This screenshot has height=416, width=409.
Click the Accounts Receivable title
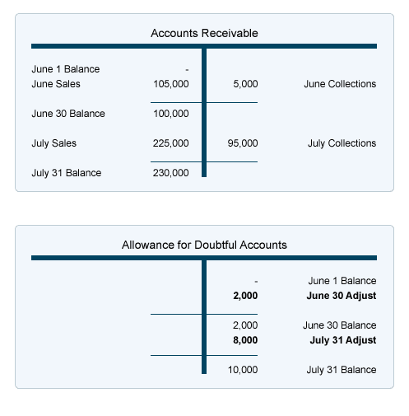tap(204, 33)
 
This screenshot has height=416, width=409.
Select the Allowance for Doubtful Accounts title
tap(204, 245)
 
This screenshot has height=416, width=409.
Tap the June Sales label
tap(56, 84)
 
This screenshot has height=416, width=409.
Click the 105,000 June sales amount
tap(171, 84)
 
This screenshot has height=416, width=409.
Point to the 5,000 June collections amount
tap(245, 84)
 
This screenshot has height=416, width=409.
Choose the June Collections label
tap(340, 84)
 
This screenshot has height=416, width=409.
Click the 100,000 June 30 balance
tap(171, 114)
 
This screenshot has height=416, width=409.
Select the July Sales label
tap(54, 143)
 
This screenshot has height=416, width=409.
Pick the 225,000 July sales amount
tap(171, 143)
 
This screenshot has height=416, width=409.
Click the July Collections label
tap(342, 143)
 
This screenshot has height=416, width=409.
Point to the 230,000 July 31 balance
tap(171, 173)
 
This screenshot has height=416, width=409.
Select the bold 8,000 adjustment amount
tap(245, 340)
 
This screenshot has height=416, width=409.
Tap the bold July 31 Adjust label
tap(342, 340)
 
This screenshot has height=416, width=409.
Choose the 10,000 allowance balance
tap(243, 370)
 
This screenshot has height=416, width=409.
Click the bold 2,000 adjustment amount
tap(245, 295)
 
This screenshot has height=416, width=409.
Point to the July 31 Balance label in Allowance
tap(342, 370)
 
